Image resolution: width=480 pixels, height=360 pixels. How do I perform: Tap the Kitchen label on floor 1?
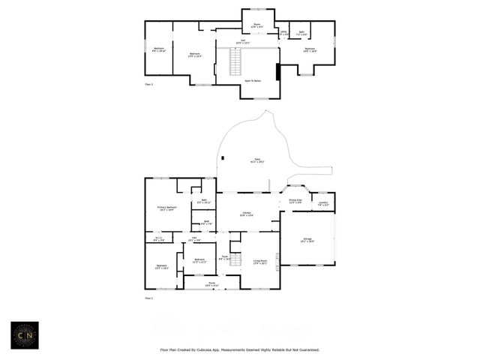coord(247,214)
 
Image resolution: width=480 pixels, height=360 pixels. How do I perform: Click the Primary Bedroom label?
coord(166,208)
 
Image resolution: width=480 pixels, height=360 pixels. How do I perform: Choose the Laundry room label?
coord(322,202)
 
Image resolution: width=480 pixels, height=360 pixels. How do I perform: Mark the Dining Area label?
coord(295,201)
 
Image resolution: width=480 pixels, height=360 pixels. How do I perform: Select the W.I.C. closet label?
coord(159,239)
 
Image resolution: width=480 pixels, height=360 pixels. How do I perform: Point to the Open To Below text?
coord(253,80)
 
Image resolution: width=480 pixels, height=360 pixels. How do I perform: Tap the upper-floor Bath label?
coord(301,33)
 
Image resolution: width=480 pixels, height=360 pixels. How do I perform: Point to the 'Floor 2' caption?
coord(148,85)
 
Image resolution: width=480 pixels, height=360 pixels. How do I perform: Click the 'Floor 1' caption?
coord(148,298)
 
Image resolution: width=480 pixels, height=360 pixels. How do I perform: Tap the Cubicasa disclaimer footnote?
coord(240,349)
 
